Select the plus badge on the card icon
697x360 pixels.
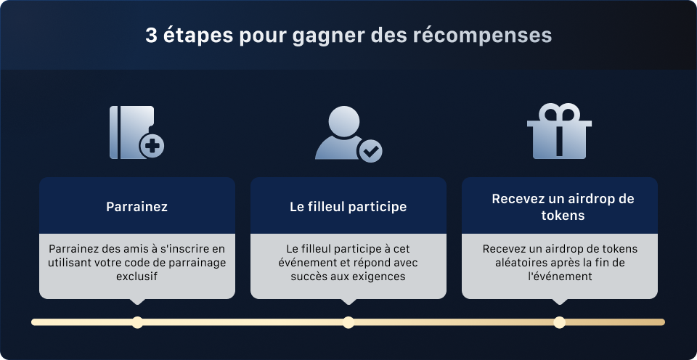[x=152, y=146]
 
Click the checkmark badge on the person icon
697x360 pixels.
[x=370, y=151]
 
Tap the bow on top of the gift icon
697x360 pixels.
[x=559, y=113]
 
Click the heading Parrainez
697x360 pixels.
[x=136, y=207]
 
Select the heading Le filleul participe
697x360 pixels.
[x=348, y=207]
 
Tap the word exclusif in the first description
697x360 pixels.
[x=136, y=277]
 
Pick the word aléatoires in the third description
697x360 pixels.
[x=511, y=263]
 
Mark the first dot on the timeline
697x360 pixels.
[x=137, y=322]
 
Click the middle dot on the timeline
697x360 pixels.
[x=348, y=322]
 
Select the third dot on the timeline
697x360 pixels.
[x=559, y=322]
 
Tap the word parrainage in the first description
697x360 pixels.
[x=195, y=263]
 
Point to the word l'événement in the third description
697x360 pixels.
[x=559, y=277]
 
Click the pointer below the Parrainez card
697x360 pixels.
[x=137, y=301]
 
